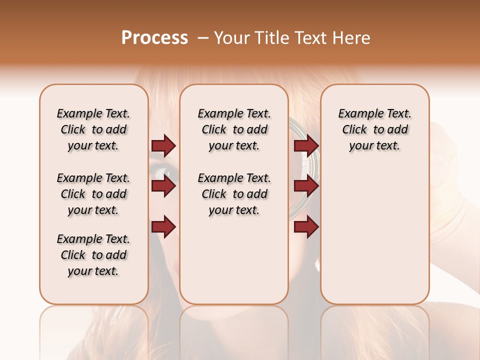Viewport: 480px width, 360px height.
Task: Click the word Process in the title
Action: (x=154, y=38)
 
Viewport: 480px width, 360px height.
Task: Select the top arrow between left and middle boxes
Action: (x=163, y=146)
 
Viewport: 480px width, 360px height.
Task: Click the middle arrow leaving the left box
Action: (x=163, y=186)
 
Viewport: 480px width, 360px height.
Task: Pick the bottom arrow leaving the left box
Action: (x=163, y=227)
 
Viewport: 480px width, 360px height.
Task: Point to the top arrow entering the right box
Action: (x=306, y=146)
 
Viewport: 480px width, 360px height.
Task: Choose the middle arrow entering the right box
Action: (x=306, y=186)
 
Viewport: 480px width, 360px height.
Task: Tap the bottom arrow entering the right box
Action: (x=306, y=227)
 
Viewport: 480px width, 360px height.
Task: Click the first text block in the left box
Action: (x=93, y=129)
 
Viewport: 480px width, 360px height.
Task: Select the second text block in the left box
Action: (x=93, y=194)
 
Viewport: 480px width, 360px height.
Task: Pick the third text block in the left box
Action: (x=93, y=255)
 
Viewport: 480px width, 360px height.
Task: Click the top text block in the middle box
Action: (x=234, y=129)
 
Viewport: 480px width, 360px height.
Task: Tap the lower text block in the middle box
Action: (x=234, y=194)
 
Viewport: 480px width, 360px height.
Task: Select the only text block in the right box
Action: (x=375, y=129)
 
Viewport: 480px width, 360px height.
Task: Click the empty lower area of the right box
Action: (x=375, y=235)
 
